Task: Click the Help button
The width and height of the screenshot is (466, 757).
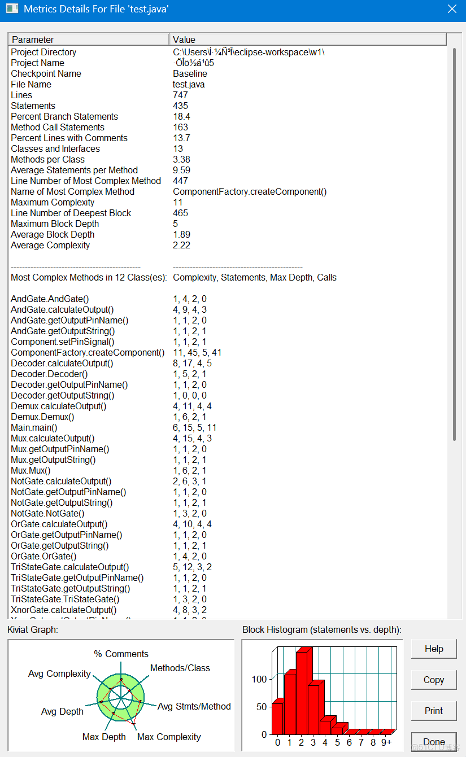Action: (433, 649)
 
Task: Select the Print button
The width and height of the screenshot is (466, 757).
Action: (433, 711)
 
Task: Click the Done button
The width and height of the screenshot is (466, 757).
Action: (433, 742)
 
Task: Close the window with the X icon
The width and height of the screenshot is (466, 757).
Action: (452, 9)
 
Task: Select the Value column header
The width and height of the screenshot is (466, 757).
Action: (307, 40)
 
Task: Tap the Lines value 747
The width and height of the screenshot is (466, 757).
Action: (181, 95)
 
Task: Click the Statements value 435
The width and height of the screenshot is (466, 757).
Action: (181, 106)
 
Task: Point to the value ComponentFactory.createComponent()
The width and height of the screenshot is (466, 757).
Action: (250, 192)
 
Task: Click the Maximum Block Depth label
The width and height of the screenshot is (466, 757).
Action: (53, 224)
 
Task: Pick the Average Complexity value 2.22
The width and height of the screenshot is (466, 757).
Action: (182, 246)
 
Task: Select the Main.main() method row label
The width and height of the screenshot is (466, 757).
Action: (34, 428)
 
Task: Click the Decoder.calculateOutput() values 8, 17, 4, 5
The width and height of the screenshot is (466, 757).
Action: (193, 364)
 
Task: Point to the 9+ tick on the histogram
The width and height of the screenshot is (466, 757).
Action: (386, 742)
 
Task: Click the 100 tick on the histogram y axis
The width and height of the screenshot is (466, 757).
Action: (259, 679)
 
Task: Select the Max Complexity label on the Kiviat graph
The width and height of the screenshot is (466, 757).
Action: (169, 737)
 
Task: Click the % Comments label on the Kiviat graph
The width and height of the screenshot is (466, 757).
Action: (121, 654)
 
